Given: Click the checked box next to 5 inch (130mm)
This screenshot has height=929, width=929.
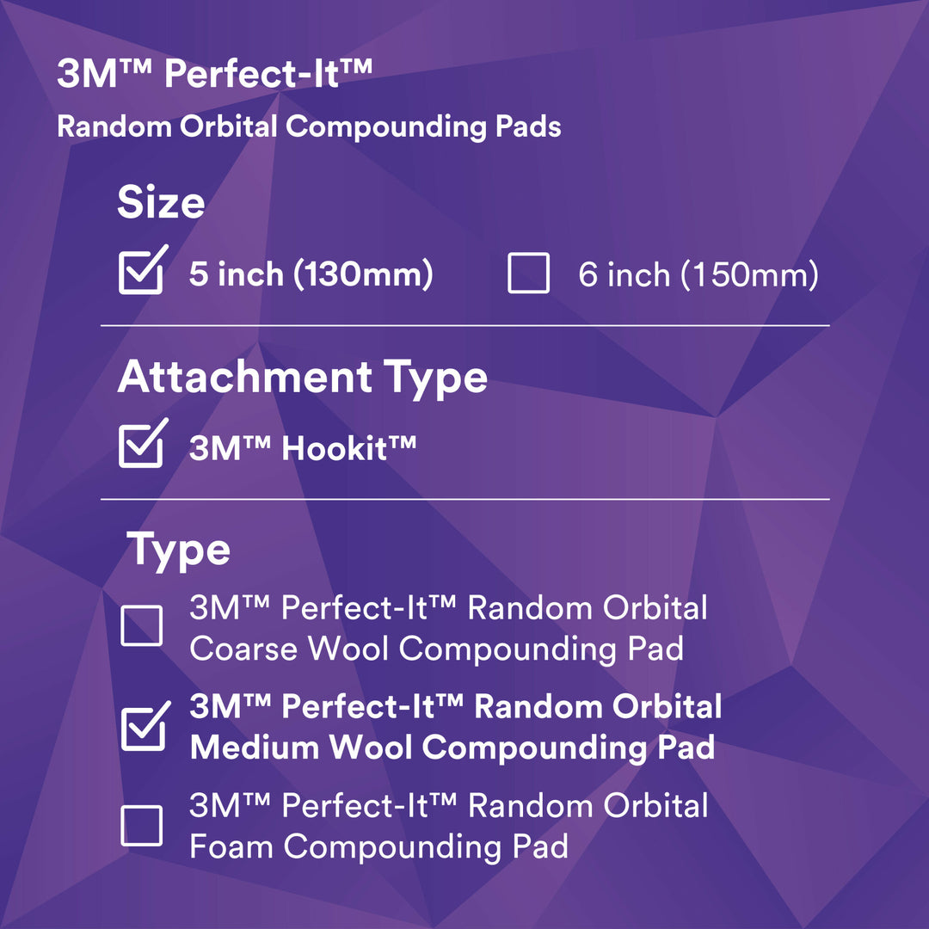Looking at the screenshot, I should (140, 273).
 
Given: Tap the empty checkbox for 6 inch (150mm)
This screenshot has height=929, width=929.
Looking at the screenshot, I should (528, 274).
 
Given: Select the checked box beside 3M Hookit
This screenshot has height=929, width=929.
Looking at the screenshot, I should (140, 446).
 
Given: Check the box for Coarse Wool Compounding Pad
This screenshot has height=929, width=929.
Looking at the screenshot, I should (141, 625).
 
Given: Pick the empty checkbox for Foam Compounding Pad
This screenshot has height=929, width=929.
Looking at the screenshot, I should (141, 825).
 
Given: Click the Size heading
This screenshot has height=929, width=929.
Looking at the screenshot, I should (161, 204).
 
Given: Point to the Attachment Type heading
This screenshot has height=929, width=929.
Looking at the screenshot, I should (302, 378).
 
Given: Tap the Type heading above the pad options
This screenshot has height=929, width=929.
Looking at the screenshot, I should (179, 551).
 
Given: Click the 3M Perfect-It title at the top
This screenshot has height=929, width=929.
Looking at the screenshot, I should (214, 75).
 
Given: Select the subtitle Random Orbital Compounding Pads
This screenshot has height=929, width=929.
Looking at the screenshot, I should (309, 127).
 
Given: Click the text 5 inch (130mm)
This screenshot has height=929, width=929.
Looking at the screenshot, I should (311, 275).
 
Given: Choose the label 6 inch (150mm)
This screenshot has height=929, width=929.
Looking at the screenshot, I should (698, 275).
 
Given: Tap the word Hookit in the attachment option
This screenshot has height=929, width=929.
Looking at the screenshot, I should (340, 448).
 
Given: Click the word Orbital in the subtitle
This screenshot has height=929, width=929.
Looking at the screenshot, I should (229, 127).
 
